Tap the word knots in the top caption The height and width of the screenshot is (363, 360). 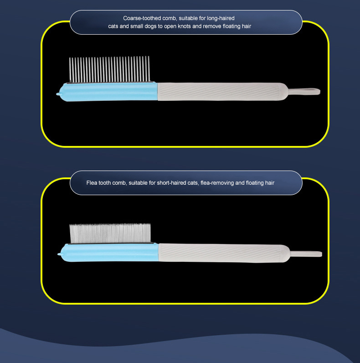point(184,26)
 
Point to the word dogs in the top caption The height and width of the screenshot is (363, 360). point(150,26)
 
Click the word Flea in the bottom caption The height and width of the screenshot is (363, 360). point(92,183)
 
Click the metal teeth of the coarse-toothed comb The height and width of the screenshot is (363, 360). point(109,69)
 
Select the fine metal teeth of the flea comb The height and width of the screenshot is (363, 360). point(110,233)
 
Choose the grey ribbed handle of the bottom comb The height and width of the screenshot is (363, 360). point(224,253)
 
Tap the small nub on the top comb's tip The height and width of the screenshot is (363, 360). point(58,94)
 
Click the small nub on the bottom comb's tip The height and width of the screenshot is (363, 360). point(59,254)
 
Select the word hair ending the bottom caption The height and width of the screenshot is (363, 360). point(269,183)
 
